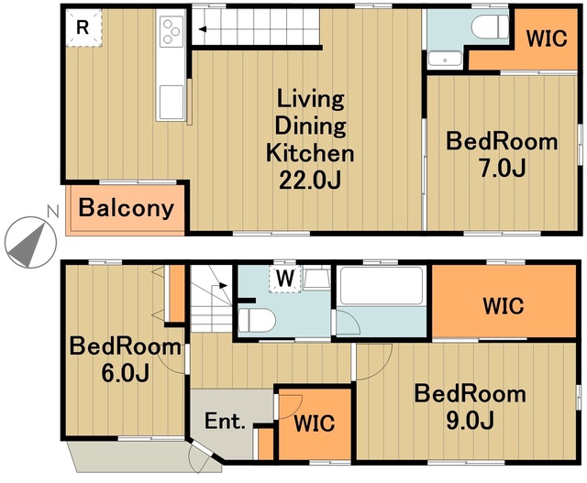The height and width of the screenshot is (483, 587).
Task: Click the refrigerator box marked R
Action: (x=83, y=27)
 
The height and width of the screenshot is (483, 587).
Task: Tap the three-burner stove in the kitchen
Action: (x=172, y=31)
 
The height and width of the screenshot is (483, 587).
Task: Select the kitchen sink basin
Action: (x=172, y=102)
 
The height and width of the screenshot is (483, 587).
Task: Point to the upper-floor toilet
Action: (x=489, y=27)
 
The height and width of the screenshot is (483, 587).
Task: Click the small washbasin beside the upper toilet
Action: (x=445, y=59)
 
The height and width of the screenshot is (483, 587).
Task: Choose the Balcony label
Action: (x=127, y=208)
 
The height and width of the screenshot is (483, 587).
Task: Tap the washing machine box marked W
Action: (x=285, y=279)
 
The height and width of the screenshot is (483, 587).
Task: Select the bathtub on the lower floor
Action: (x=382, y=285)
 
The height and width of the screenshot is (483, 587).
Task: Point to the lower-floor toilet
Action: (x=257, y=320)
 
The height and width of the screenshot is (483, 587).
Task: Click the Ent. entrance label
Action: (x=225, y=422)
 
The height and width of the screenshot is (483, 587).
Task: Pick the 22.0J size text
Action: (x=310, y=181)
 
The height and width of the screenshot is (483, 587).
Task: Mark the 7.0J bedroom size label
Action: (x=503, y=168)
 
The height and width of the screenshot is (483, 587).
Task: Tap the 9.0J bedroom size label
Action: (x=471, y=420)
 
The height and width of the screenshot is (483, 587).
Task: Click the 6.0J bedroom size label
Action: (x=126, y=373)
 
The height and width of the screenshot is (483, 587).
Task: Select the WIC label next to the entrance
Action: (x=314, y=423)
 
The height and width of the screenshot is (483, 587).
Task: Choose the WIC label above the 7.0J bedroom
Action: (x=547, y=38)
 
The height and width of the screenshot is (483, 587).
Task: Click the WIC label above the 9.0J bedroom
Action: (x=504, y=306)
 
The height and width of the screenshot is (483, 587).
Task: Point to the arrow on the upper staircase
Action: (x=203, y=29)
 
